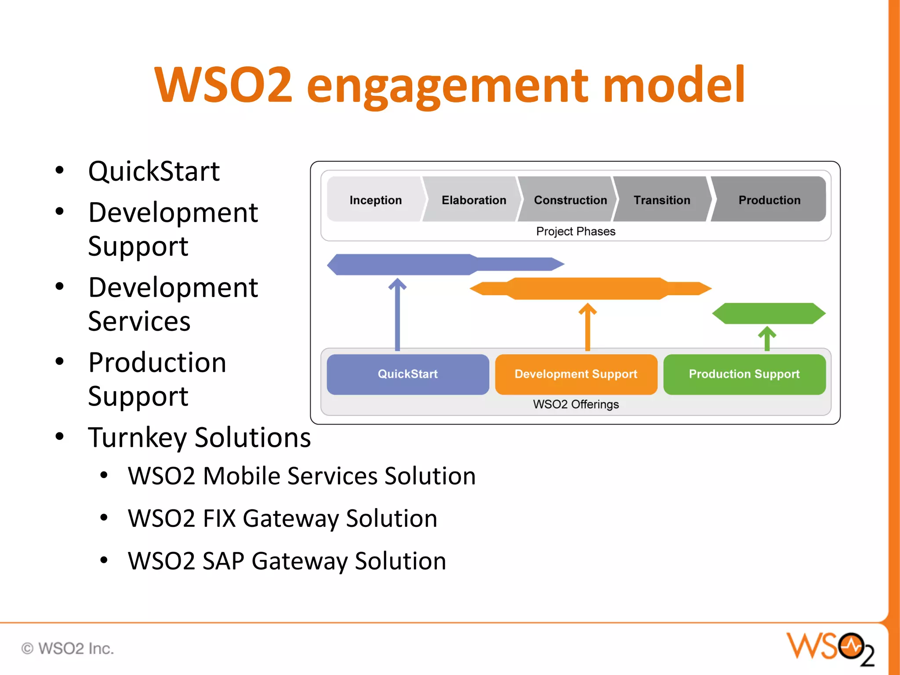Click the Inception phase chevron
point(375,200)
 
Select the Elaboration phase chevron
point(473,200)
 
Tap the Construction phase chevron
point(570,200)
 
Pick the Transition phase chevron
point(662,200)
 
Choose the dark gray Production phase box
point(769,200)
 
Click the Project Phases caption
point(576,231)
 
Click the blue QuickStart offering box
point(408,374)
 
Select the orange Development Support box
point(576,374)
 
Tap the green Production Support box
point(744,374)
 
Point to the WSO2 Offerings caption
point(576,404)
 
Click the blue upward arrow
point(397,314)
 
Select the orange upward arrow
point(588,327)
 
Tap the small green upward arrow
point(767,338)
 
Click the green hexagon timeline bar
point(769,313)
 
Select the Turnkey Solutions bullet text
point(200,438)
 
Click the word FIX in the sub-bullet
point(219,519)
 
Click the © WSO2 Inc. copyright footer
point(68,649)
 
